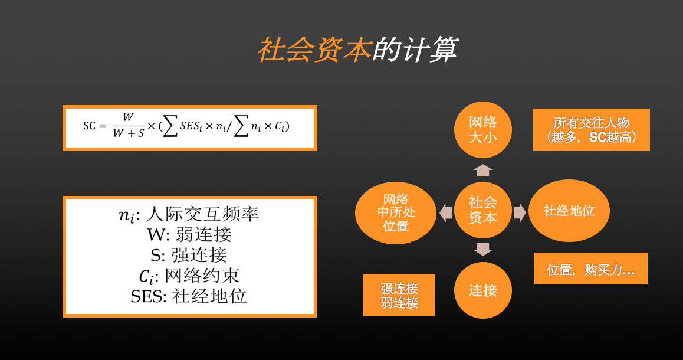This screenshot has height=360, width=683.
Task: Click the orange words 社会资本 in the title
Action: [x=314, y=49]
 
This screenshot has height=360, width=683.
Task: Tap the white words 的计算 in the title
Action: [x=415, y=49]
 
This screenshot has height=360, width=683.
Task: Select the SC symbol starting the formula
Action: [x=89, y=126]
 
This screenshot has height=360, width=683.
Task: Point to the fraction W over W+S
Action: [x=128, y=126]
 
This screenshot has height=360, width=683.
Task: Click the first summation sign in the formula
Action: [x=170, y=126]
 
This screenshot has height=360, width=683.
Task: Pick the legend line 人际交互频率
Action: [x=189, y=214]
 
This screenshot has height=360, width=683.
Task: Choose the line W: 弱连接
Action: [x=189, y=234]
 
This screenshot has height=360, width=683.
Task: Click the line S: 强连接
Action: [x=189, y=255]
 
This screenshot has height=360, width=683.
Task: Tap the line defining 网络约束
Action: [x=189, y=276]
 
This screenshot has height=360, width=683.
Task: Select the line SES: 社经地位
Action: [x=189, y=296]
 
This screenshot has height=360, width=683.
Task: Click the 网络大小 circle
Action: [x=482, y=129]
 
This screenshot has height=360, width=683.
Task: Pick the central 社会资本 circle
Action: [x=482, y=210]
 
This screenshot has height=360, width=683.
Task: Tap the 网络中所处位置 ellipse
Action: [x=396, y=212]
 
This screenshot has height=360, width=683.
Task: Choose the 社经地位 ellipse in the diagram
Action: [x=569, y=211]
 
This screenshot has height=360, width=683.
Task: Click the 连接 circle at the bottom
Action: [x=482, y=290]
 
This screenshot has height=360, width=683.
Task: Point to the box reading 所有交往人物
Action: [x=592, y=130]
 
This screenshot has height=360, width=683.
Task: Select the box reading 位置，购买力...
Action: [x=590, y=269]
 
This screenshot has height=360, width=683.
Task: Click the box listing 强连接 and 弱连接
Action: [x=399, y=295]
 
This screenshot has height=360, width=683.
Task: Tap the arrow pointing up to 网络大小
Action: [x=482, y=170]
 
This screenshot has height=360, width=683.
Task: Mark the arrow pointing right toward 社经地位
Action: [x=520, y=212]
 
